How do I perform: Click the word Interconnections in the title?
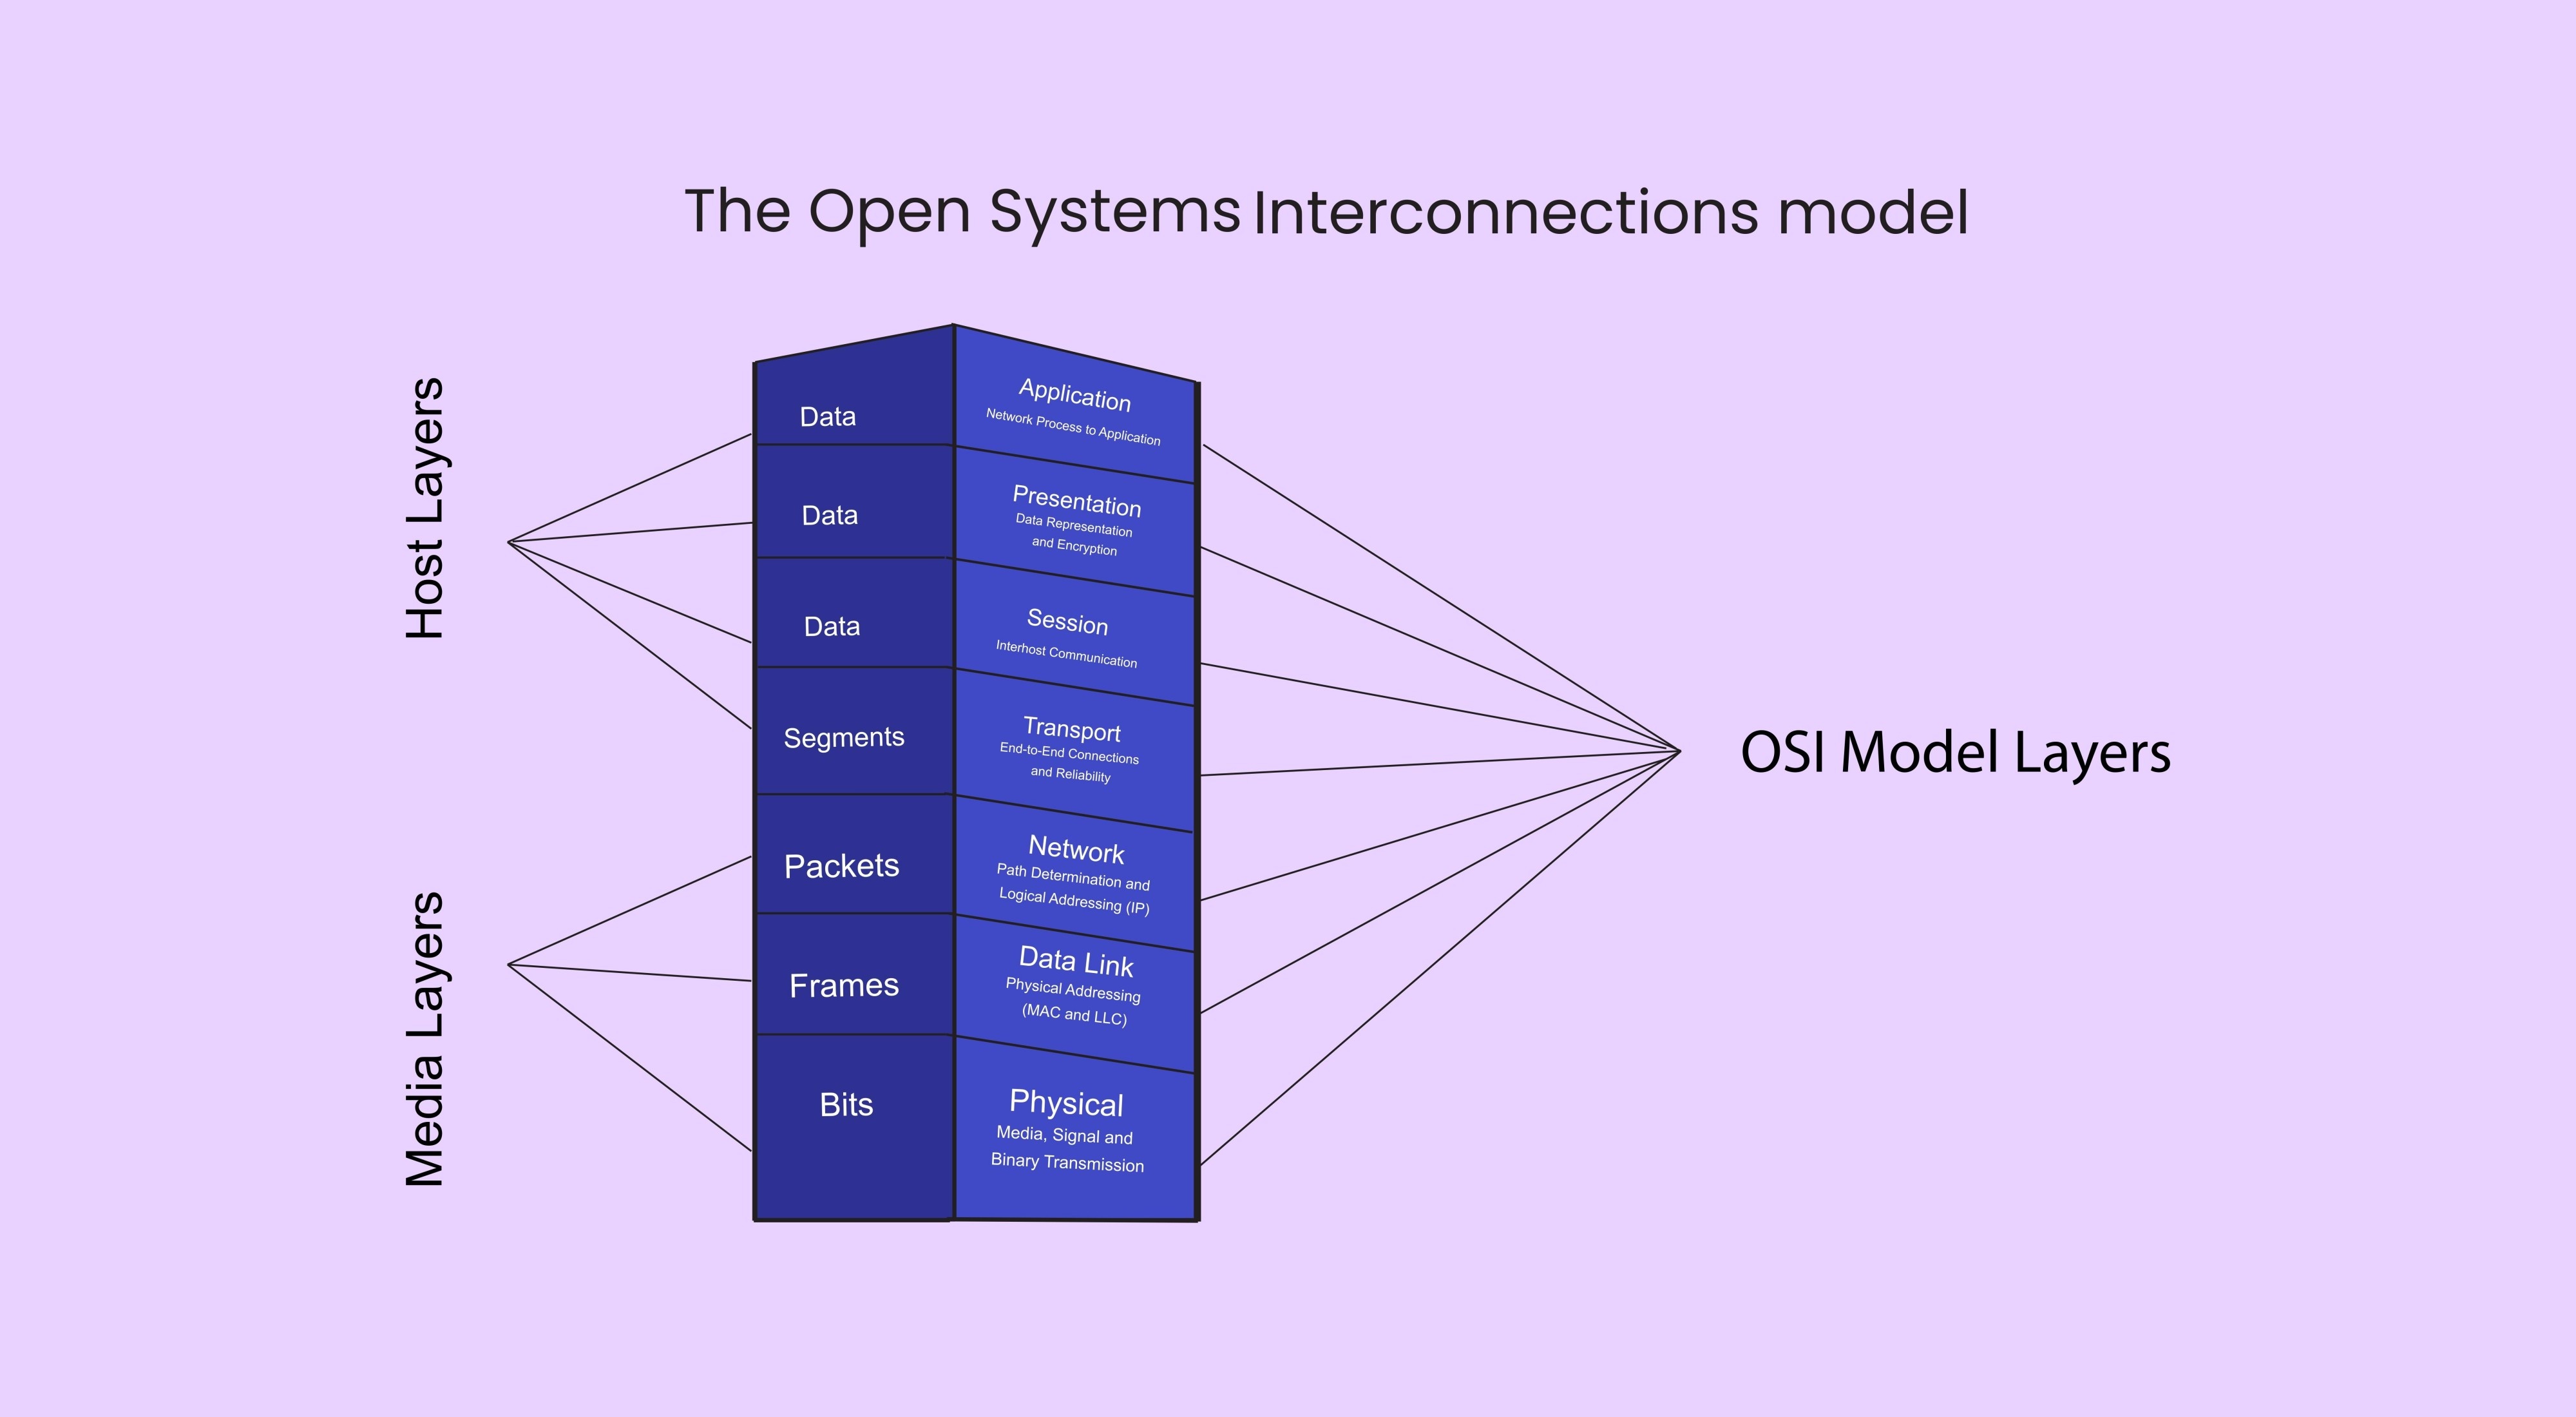click(x=1504, y=213)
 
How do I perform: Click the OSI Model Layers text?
click(x=1955, y=752)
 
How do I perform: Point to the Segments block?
click(x=844, y=737)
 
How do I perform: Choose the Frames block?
click(x=844, y=985)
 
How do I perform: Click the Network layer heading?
click(x=1076, y=849)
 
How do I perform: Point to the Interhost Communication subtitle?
click(x=1066, y=654)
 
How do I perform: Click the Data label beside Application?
click(x=828, y=416)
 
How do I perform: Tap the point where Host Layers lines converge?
click(x=509, y=542)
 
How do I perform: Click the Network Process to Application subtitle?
click(x=1073, y=427)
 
